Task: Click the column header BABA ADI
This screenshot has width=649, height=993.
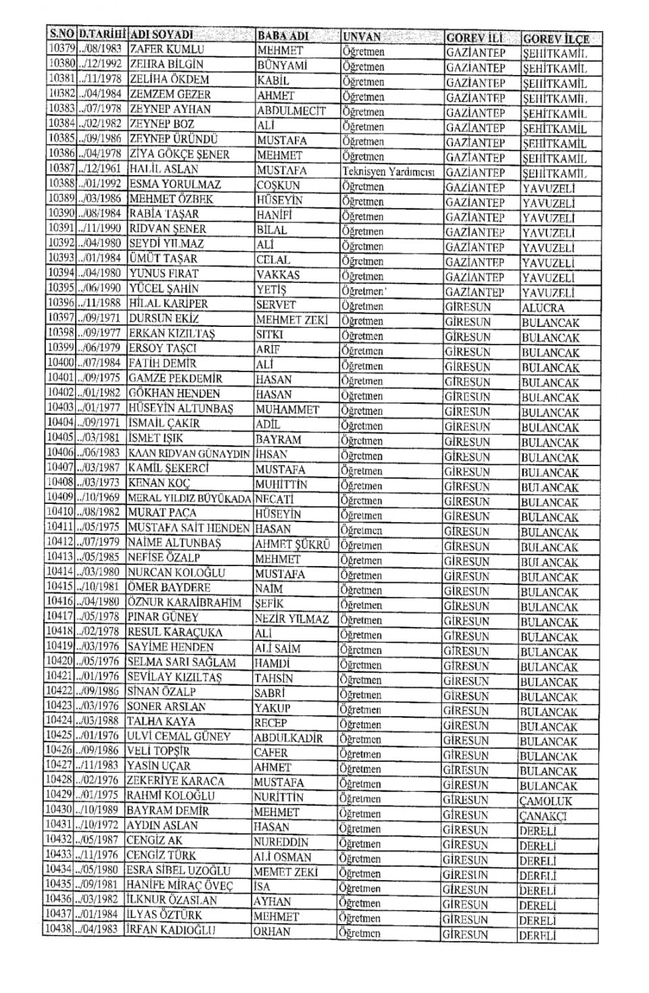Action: click(284, 36)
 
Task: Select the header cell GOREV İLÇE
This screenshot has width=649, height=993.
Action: click(556, 39)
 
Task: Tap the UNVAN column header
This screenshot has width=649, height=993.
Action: click(362, 36)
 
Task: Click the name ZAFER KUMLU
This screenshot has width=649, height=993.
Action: click(166, 49)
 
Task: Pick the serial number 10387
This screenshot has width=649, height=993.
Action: click(61, 169)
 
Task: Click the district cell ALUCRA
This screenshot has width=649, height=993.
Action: click(543, 307)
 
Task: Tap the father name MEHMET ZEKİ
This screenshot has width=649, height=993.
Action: click(291, 320)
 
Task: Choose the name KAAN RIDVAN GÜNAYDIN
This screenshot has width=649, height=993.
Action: click(189, 454)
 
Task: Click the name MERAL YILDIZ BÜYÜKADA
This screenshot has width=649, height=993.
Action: click(189, 499)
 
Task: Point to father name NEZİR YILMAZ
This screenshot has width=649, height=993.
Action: click(291, 619)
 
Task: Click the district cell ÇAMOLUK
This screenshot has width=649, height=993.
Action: click(546, 801)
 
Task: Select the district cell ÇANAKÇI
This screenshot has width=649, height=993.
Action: click(543, 816)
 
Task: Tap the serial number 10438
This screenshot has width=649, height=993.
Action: click(58, 930)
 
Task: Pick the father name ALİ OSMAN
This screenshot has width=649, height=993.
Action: click(283, 857)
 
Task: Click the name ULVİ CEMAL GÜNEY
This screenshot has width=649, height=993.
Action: click(179, 737)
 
